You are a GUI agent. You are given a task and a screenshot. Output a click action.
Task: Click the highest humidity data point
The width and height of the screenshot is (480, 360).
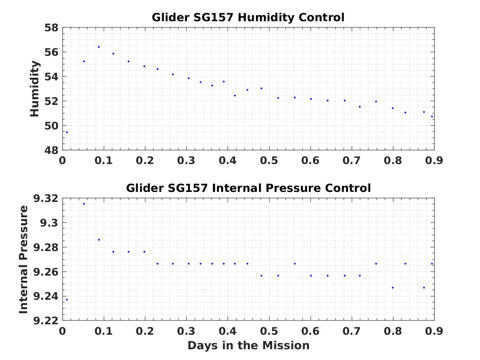tap(99, 47)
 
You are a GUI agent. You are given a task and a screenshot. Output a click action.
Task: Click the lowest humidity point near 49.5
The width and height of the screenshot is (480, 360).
tap(67, 132)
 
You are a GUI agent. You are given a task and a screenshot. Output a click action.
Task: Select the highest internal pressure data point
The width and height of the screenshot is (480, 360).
tap(84, 204)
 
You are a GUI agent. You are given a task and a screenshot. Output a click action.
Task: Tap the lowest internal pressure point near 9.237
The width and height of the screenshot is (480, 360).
tap(67, 300)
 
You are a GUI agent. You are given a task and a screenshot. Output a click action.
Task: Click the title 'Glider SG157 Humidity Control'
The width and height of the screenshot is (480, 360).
tap(248, 17)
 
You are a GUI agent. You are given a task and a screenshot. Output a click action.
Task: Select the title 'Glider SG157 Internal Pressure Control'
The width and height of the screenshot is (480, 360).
tap(248, 188)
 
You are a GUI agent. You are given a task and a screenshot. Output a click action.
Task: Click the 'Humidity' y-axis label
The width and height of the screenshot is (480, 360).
tap(35, 89)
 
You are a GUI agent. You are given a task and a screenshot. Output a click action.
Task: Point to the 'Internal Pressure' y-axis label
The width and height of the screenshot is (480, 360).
tap(23, 259)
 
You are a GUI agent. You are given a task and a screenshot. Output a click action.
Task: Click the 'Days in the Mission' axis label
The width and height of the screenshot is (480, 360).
tap(248, 345)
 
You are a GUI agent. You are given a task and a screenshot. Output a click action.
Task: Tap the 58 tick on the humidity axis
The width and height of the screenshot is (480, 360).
tap(51, 28)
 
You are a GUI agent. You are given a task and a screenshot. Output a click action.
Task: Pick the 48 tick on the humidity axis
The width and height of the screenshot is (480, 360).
tap(51, 150)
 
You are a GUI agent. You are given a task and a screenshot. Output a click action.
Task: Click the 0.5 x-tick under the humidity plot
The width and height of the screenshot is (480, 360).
tap(269, 161)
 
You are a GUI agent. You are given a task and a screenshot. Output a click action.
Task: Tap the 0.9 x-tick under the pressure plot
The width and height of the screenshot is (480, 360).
tap(434, 331)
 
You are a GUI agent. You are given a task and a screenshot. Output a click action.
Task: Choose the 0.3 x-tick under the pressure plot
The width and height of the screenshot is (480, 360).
tap(186, 331)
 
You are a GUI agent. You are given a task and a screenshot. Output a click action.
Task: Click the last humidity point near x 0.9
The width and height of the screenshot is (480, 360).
tap(432, 116)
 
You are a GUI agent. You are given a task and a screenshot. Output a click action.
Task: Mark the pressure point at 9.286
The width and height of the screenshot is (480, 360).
tap(99, 240)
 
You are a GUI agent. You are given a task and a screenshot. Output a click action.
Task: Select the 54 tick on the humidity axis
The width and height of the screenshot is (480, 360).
tap(51, 77)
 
